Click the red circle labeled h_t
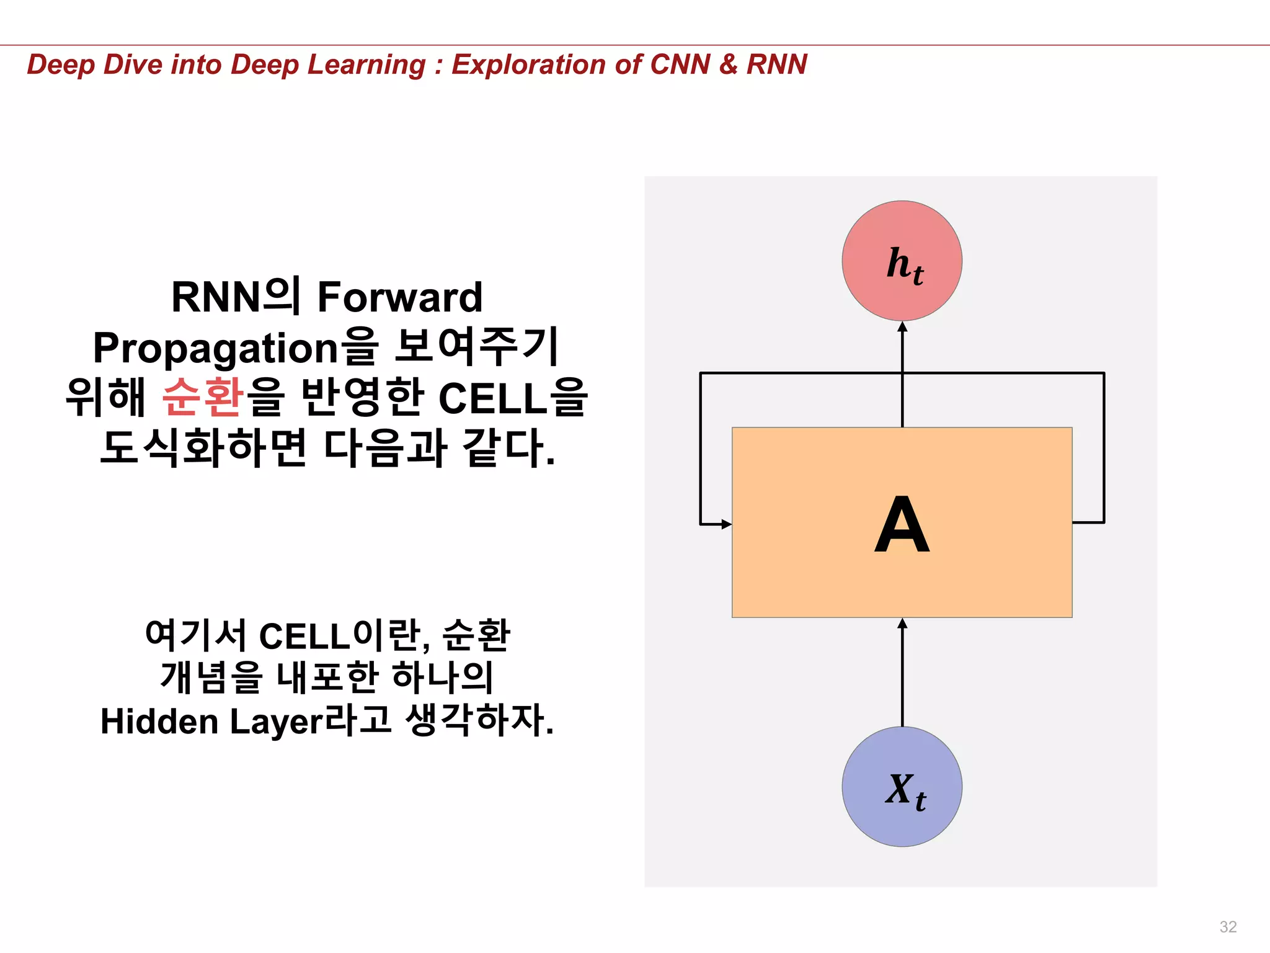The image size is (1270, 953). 902,261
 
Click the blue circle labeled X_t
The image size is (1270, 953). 902,786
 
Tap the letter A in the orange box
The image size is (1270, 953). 902,525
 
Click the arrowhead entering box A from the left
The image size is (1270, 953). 726,524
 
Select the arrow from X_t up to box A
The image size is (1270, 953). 902,673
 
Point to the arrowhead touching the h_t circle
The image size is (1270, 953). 902,327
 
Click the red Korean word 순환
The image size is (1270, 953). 203,396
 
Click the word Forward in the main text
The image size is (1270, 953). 399,297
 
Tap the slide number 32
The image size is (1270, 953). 1228,926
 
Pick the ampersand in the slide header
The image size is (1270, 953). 728,65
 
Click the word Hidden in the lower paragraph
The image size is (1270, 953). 159,722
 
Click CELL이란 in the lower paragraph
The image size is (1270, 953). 340,636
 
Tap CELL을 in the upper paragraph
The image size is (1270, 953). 512,398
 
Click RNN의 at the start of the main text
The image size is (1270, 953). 236,297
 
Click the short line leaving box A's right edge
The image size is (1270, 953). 1088,522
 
